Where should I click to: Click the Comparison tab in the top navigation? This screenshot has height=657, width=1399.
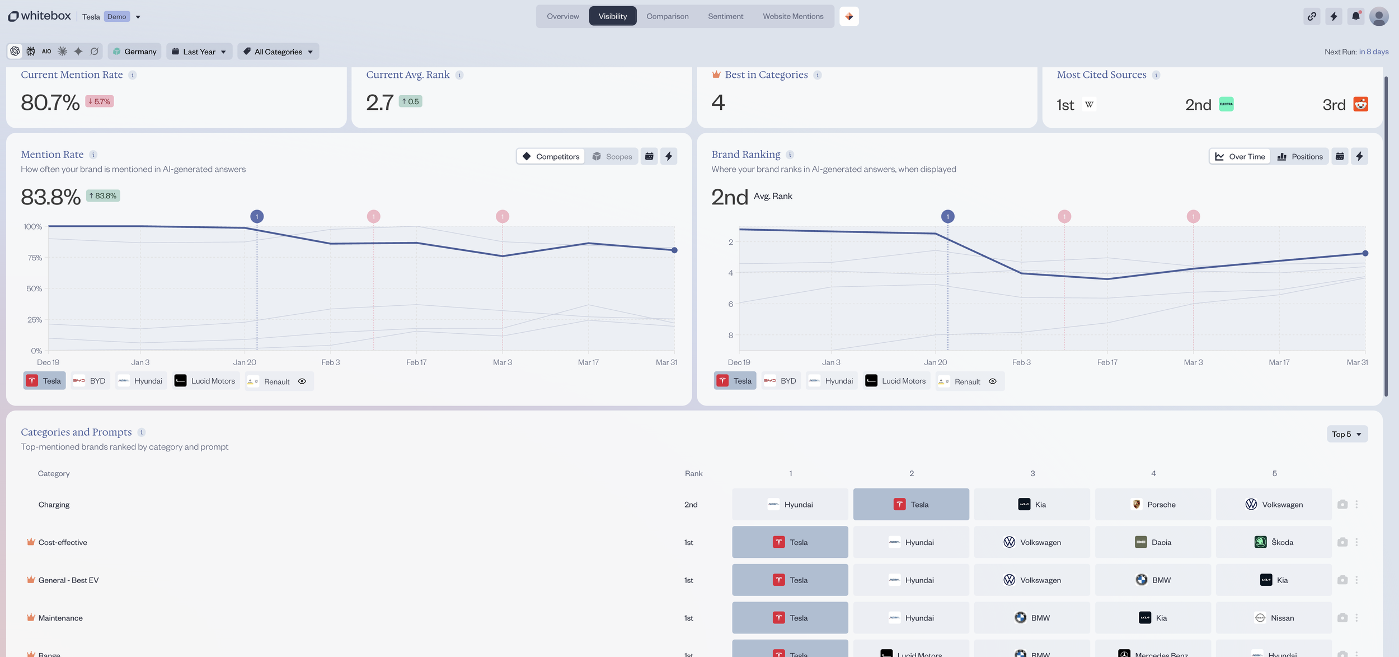coord(667,16)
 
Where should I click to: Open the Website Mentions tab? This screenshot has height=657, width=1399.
coord(792,16)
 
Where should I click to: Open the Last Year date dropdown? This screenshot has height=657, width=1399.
coord(199,52)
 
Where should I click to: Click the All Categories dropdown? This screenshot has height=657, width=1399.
coord(278,52)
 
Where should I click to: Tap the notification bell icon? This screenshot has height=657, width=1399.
coord(1355,16)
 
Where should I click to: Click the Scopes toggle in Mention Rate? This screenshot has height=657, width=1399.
coord(612,156)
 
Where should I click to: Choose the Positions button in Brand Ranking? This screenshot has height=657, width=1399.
coord(1299,156)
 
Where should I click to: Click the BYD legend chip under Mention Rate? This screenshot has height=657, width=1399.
coord(90,381)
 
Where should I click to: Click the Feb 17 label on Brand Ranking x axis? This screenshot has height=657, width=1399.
coord(1107,362)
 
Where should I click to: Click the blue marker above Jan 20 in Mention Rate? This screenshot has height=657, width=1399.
coord(257,216)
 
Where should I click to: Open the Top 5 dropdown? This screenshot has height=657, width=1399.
coord(1346,434)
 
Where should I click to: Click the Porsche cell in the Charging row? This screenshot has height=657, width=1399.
coord(1153,504)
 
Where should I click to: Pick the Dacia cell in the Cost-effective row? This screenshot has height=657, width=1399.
coord(1153,542)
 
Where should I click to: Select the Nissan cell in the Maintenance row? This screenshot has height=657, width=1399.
coord(1274,618)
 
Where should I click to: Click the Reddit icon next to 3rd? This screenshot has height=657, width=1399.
coord(1360,104)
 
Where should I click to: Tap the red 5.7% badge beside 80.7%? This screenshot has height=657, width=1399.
coord(100,101)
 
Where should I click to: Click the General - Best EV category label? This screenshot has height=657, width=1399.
coord(68,580)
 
